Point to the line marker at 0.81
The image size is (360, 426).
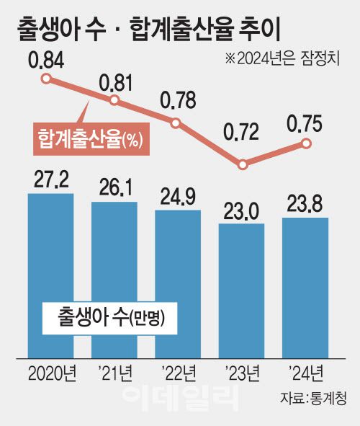click(114, 100)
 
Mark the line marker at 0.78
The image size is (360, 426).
click(176, 123)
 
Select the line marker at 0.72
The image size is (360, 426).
click(243, 165)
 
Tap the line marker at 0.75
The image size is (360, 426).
click(306, 143)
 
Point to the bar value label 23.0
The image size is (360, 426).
click(241, 210)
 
